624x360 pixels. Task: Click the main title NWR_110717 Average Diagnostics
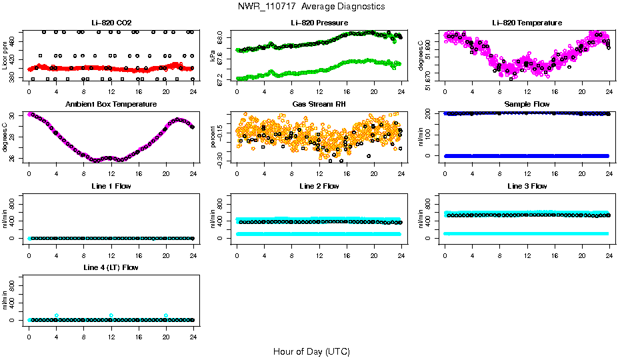311,7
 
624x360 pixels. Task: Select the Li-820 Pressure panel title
319,23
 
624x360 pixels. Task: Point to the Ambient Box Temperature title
111,105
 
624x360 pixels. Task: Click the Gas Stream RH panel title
319,105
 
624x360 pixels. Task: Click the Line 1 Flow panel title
111,186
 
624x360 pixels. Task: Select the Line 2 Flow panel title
319,186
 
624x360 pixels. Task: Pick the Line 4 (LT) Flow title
111,267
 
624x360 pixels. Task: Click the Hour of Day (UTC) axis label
311,351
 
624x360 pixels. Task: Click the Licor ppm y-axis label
5,56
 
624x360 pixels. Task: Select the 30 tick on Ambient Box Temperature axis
15,115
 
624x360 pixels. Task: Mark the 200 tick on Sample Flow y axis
431,113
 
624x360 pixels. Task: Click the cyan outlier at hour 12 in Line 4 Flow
111,315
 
